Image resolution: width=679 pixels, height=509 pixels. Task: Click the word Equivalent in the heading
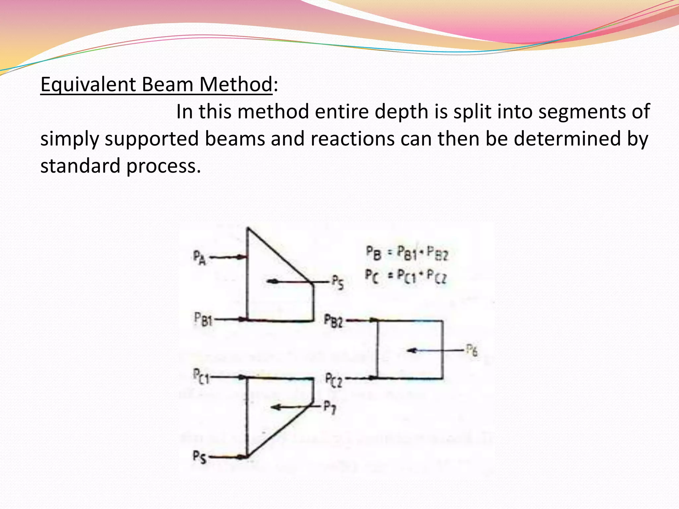point(88,85)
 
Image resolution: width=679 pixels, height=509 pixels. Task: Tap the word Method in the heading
point(236,85)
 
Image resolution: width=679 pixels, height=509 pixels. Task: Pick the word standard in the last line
point(80,165)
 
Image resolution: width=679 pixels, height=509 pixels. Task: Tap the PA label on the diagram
point(200,257)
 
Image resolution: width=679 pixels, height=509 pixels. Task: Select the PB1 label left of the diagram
point(203,320)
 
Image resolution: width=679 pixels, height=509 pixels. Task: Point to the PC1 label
point(201,376)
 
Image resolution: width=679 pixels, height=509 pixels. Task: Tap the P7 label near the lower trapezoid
point(330,407)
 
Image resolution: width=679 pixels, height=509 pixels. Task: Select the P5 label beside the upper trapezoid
point(338,283)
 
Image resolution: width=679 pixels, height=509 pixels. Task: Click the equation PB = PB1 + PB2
point(406,254)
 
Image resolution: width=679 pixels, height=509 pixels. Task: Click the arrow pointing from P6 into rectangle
point(434,350)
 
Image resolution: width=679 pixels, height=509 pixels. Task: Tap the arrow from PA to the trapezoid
point(228,257)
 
